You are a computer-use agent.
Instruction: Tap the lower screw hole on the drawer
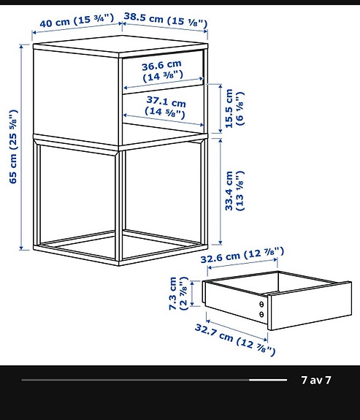click(x=261, y=315)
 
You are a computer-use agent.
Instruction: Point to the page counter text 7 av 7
click(x=316, y=380)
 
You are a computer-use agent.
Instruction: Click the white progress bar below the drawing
click(x=154, y=380)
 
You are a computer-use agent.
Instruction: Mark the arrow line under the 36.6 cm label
click(x=162, y=81)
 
